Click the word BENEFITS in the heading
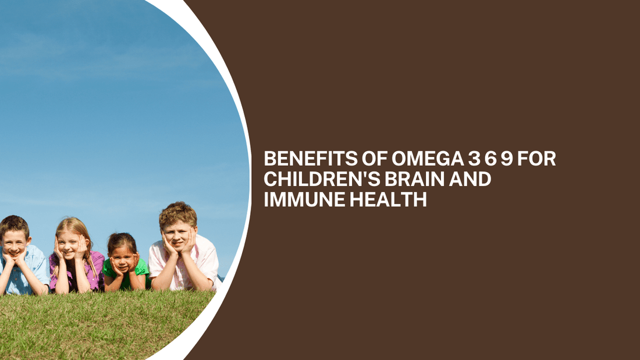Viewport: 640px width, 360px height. pos(303,159)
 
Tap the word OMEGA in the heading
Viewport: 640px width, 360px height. pos(415,159)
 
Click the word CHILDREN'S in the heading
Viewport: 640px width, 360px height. pos(321,179)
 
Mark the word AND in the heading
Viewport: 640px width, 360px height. pos(471,179)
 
